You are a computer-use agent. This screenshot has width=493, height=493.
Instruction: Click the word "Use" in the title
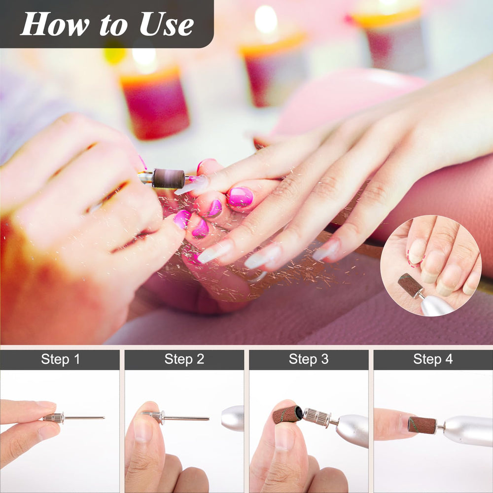point(166,24)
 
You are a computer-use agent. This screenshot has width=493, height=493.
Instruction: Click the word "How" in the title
point(55,24)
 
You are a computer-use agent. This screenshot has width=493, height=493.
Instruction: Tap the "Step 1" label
point(60,359)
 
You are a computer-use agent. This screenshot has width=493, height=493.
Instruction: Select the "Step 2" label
point(184,359)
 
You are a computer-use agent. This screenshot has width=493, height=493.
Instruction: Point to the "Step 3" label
point(309,359)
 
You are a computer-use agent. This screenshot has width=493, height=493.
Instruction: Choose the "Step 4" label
point(433,359)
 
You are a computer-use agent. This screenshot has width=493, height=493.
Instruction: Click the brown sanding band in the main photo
point(169,178)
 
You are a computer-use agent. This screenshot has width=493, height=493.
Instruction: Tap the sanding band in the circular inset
point(410,285)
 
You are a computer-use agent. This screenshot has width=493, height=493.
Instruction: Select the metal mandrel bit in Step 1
point(73,418)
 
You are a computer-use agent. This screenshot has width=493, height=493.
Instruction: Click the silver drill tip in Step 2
point(233,418)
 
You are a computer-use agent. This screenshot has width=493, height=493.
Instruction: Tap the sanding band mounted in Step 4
point(422,425)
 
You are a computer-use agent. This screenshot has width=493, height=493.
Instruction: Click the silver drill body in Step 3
point(352,430)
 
